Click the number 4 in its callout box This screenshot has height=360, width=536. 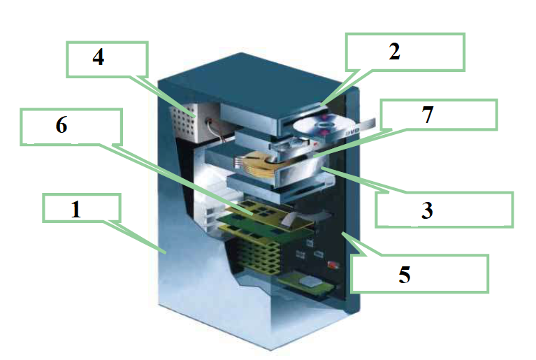99,57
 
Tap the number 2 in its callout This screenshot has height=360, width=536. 394,52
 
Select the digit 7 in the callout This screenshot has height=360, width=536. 428,115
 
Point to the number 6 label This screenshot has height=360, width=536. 61,125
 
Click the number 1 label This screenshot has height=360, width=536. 76,209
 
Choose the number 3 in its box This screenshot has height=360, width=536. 427,210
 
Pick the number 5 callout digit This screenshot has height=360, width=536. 405,275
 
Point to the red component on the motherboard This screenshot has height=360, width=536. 333,265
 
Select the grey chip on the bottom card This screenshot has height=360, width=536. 310,282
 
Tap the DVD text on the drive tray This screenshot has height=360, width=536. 352,131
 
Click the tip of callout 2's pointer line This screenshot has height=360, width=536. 321,105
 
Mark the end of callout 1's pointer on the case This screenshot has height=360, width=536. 166,253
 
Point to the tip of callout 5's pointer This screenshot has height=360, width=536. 342,233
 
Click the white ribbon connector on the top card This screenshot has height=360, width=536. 291,219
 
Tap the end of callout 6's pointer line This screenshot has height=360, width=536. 253,214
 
